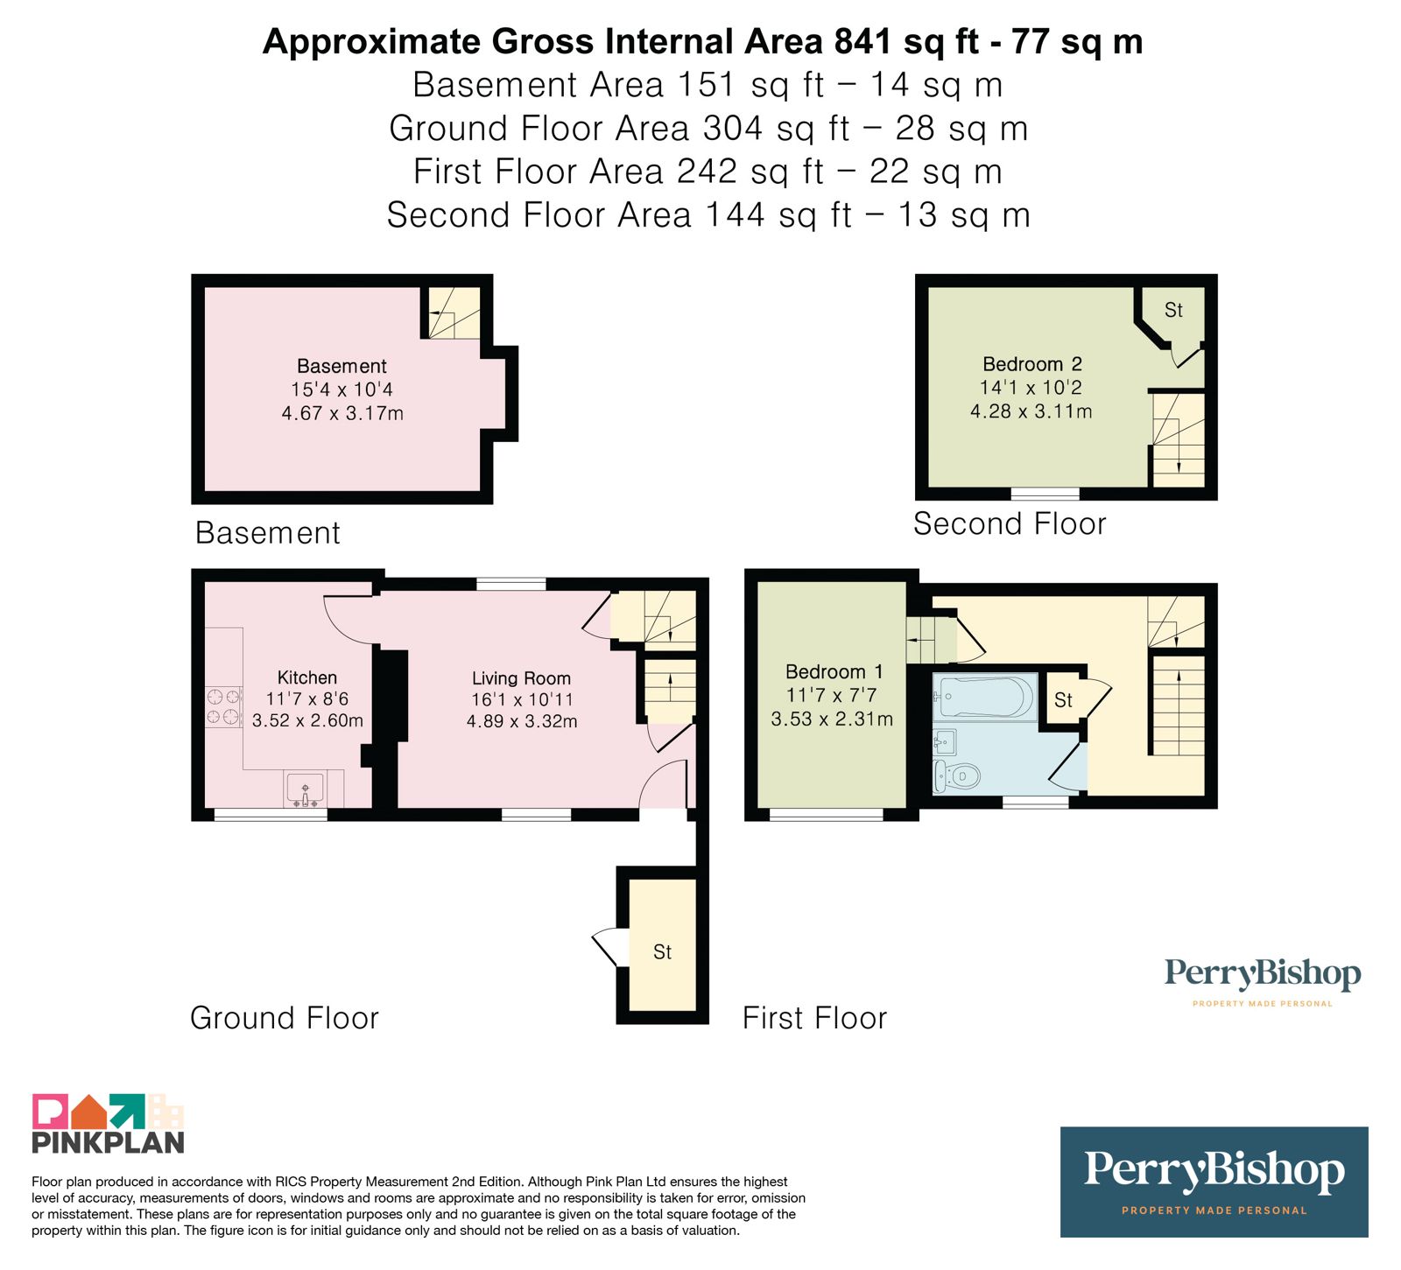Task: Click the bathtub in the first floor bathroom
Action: pyautogui.click(x=985, y=697)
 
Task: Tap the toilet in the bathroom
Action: pyautogui.click(x=956, y=775)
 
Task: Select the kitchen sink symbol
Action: pyautogui.click(x=305, y=789)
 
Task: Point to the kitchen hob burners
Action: pyautogui.click(x=223, y=707)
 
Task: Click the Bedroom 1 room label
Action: pyautogui.click(x=834, y=671)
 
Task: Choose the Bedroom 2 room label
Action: pyautogui.click(x=1032, y=364)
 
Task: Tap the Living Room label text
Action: pyautogui.click(x=521, y=678)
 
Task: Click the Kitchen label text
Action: pyautogui.click(x=307, y=677)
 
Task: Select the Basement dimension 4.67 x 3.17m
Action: pyautogui.click(x=342, y=413)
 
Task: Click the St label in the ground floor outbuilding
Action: pyautogui.click(x=662, y=952)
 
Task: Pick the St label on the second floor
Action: pyautogui.click(x=1173, y=310)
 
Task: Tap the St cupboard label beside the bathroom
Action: pyautogui.click(x=1063, y=700)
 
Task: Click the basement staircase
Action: pyautogui.click(x=454, y=312)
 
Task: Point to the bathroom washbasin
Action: pyautogui.click(x=945, y=742)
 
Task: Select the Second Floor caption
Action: pyautogui.click(x=1010, y=523)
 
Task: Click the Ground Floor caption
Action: pyautogui.click(x=285, y=1018)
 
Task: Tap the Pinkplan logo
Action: pyautogui.click(x=109, y=1123)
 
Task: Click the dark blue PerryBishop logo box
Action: pyautogui.click(x=1214, y=1182)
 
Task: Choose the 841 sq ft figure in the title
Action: pyautogui.click(x=906, y=42)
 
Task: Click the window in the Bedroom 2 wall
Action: pyautogui.click(x=1045, y=495)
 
